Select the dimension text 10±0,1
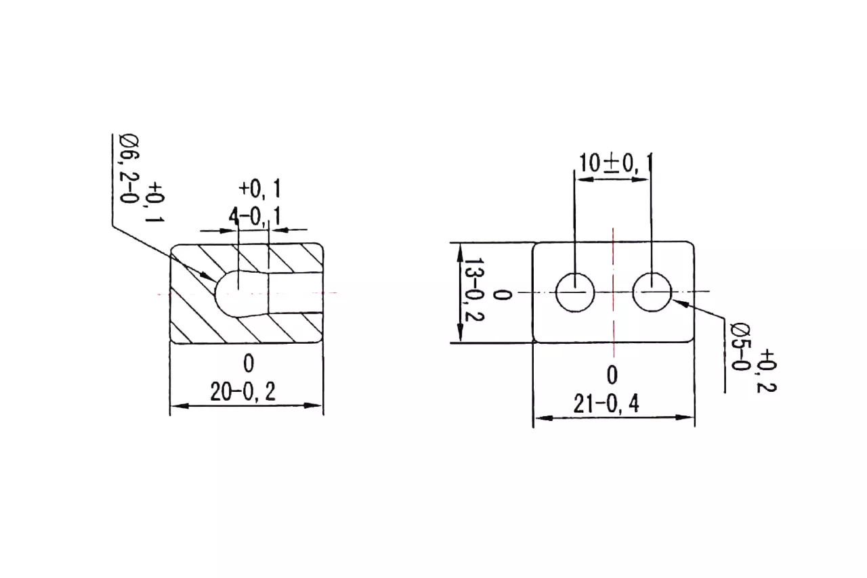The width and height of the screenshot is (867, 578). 614,163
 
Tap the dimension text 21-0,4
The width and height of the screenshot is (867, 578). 606,404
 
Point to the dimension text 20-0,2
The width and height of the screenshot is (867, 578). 243,392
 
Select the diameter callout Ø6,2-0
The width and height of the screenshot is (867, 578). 129,169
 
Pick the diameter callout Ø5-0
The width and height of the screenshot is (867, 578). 740,347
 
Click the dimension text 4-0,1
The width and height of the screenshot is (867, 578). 254,217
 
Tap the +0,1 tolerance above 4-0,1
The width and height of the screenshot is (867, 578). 259,189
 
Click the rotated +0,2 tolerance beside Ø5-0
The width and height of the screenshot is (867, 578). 766,371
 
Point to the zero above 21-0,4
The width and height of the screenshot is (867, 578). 612,375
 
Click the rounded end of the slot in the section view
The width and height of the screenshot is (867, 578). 223,293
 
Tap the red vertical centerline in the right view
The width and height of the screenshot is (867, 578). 613,292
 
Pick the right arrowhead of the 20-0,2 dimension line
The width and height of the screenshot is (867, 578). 313,406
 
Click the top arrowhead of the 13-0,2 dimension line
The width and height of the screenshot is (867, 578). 460,252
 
